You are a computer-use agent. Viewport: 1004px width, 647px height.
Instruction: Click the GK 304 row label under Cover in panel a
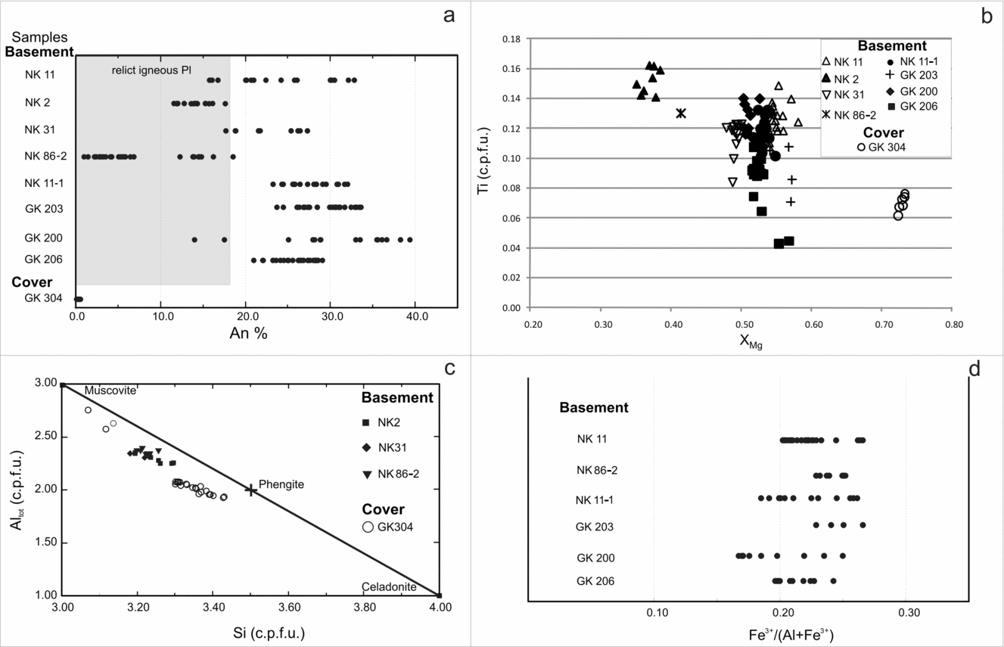pos(42,298)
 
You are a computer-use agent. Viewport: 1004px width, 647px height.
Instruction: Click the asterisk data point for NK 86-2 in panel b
pos(681,114)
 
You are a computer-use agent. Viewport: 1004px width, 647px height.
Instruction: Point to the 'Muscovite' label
pos(109,390)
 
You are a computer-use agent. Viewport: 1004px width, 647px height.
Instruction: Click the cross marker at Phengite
pos(251,490)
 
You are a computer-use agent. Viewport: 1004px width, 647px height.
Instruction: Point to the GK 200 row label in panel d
pos(595,558)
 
